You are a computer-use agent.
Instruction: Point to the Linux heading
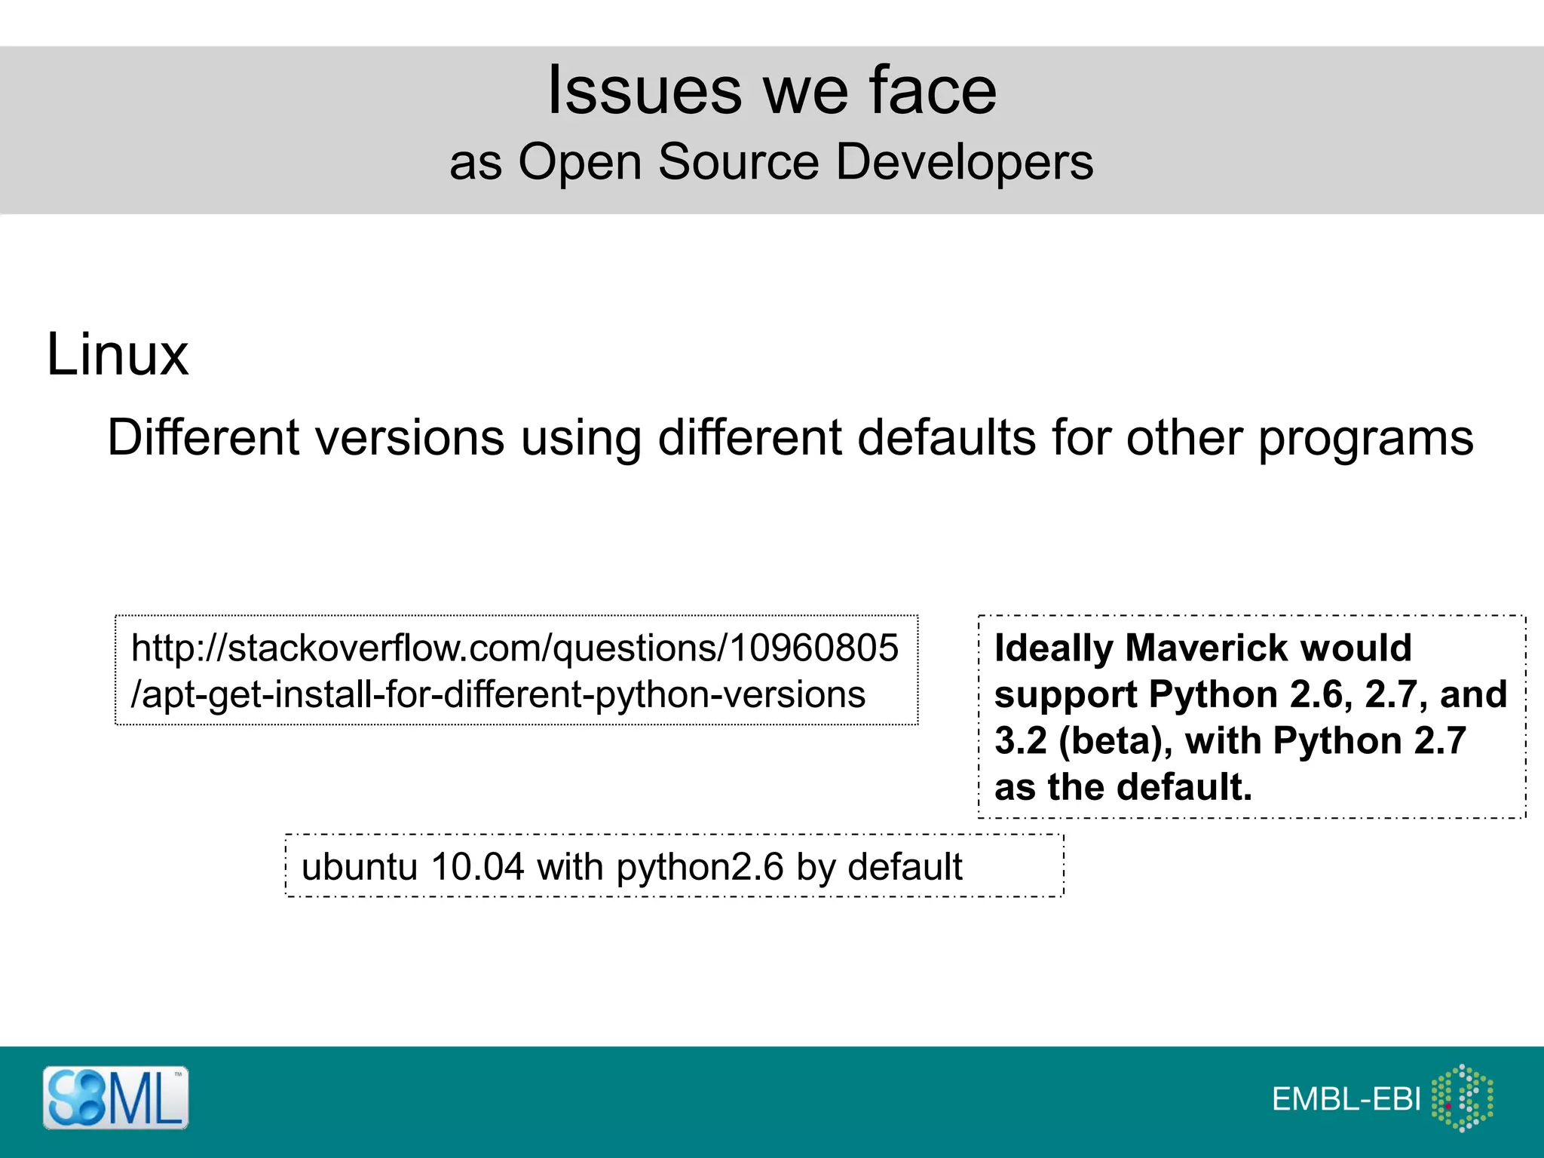coord(117,354)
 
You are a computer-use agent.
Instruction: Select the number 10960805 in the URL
coord(814,648)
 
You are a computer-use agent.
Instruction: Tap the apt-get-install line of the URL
coord(498,694)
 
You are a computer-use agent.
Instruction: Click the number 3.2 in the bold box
coord(1022,740)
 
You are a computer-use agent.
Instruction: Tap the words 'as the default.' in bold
coord(1123,787)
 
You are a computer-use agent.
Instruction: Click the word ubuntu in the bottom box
coord(359,867)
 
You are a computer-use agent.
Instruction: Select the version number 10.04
coord(476,867)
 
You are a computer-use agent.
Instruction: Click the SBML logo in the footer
coord(115,1098)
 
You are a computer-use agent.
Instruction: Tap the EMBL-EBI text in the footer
coord(1346,1099)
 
